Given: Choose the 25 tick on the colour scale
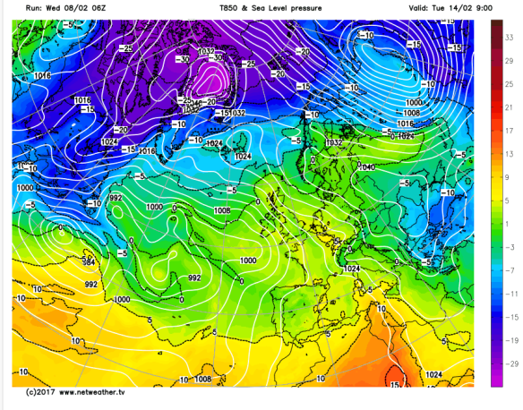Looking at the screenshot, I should point(509,84).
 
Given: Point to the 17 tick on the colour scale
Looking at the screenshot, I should point(509,131).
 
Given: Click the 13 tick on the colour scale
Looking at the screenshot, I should point(509,154).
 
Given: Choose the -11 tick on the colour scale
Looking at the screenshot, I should point(510,293).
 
